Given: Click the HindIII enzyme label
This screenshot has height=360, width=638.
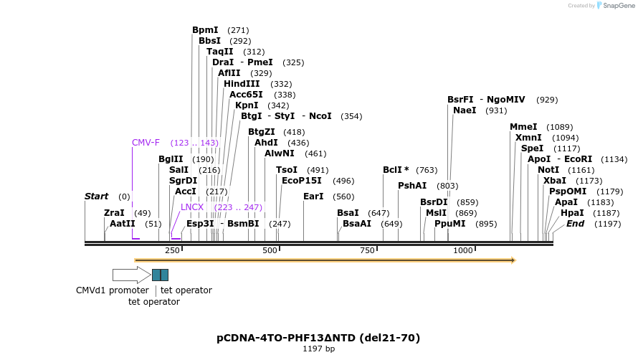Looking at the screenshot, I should pos(242,84).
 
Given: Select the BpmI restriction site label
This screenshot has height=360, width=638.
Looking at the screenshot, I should pos(205,30).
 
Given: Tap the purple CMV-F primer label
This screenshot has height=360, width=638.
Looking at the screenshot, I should pos(146,143).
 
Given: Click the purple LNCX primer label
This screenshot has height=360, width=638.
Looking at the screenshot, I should pos(192,207).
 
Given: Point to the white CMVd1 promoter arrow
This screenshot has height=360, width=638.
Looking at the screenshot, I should pos(131,275).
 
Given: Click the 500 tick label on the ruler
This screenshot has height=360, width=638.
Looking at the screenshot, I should pos(270,250).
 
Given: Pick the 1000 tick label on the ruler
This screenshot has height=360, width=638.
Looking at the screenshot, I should pos(463,250).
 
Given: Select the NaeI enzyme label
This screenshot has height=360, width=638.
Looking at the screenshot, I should pos(465,110).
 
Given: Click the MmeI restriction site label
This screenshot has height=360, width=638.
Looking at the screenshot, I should pos(523,127).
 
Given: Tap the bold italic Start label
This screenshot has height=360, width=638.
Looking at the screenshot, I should pos(96,196).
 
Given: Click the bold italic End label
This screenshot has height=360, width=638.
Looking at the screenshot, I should pos(575,224).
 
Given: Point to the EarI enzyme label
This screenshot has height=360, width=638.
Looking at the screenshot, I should pos(313,196).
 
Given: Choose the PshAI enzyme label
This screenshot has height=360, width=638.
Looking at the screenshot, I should pos(412,186).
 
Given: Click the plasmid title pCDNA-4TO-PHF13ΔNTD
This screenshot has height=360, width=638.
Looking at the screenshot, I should pos(318,338).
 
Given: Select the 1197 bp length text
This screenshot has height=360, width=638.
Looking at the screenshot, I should pos(318,349).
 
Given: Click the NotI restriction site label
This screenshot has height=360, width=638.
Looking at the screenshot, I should pos(548,170).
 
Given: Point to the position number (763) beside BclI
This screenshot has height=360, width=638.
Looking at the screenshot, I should pos(427,170).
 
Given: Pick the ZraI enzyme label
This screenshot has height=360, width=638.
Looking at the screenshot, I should pos(114,213).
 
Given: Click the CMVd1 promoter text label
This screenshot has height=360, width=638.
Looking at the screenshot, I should pos(113,290).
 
